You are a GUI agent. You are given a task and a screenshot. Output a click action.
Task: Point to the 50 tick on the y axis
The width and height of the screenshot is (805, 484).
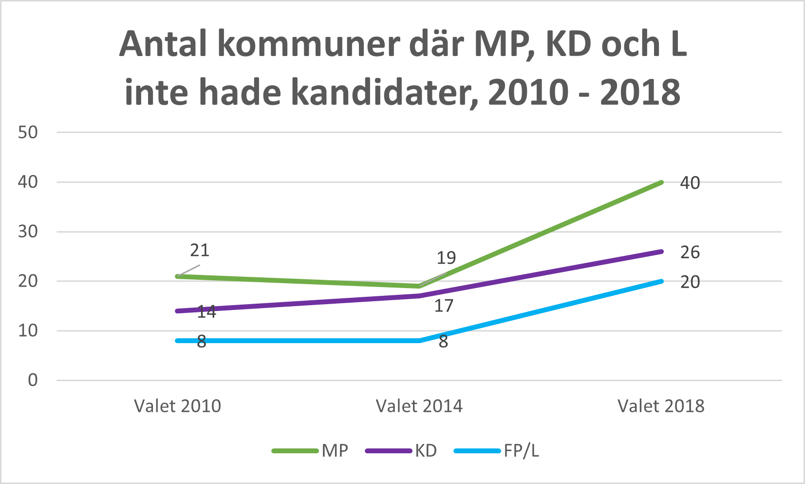(28, 132)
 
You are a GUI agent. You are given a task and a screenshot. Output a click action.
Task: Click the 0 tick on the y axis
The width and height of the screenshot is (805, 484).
(33, 380)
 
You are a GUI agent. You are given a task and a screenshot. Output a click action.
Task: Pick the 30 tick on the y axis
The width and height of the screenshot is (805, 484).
(28, 232)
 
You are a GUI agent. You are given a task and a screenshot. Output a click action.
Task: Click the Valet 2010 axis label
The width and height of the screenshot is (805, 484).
(177, 406)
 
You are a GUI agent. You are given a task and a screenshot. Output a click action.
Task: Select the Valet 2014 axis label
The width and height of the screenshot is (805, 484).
(419, 406)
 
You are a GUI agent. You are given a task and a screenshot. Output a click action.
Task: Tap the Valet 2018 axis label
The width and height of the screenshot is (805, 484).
(661, 406)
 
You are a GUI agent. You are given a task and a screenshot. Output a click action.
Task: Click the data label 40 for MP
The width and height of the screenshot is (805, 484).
(690, 183)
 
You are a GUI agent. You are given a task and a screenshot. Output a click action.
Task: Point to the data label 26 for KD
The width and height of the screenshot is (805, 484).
(690, 252)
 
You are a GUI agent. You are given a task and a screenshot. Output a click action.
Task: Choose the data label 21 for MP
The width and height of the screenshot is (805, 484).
(200, 250)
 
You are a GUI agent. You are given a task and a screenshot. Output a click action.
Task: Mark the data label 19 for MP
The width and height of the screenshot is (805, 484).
(446, 258)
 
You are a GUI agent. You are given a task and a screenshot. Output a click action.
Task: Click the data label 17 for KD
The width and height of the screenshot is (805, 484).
(444, 306)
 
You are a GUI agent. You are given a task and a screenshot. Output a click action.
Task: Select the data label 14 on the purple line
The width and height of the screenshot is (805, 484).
(206, 312)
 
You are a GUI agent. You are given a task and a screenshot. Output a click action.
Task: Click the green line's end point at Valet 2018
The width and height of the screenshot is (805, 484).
(661, 182)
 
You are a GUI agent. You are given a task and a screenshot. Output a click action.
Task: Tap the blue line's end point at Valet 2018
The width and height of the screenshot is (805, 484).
(661, 281)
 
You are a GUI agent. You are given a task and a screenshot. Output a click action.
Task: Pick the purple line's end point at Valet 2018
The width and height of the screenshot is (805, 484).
(661, 252)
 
